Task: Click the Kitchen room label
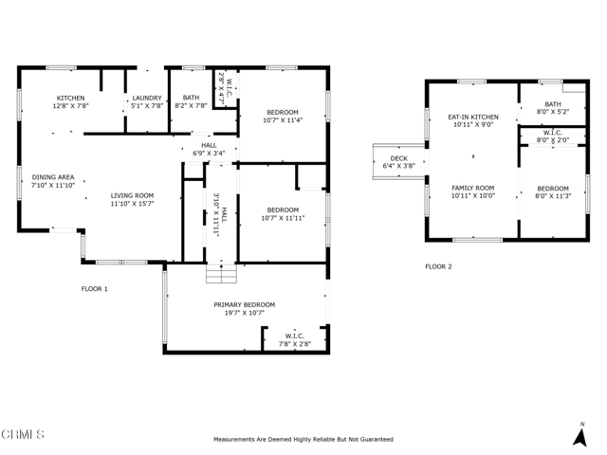(x=70, y=99)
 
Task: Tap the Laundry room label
(x=147, y=99)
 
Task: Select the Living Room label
(x=132, y=196)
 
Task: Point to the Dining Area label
(x=53, y=177)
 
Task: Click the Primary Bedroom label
(x=245, y=305)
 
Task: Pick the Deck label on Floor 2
(x=398, y=158)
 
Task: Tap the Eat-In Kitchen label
(x=473, y=117)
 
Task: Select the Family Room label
(x=473, y=188)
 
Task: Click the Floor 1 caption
(x=95, y=288)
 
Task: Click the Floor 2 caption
(x=438, y=266)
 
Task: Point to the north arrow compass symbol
(x=579, y=435)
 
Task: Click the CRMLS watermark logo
(x=23, y=434)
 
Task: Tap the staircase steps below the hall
(x=221, y=274)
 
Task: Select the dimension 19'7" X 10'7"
(x=245, y=313)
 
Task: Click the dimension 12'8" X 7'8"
(x=70, y=105)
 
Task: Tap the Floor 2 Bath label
(x=553, y=104)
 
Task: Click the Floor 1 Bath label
(x=191, y=98)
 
